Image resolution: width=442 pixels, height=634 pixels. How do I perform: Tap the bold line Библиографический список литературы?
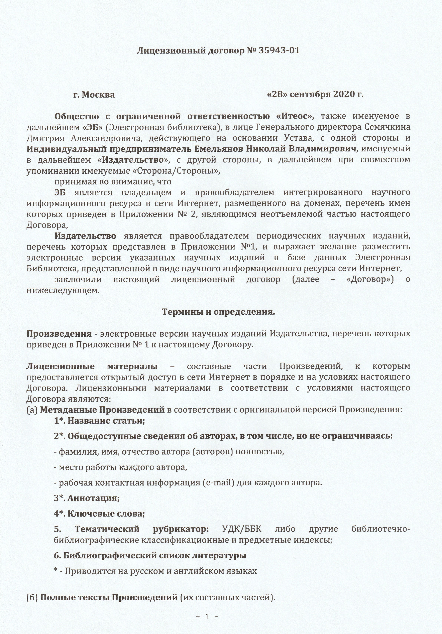(150, 555)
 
